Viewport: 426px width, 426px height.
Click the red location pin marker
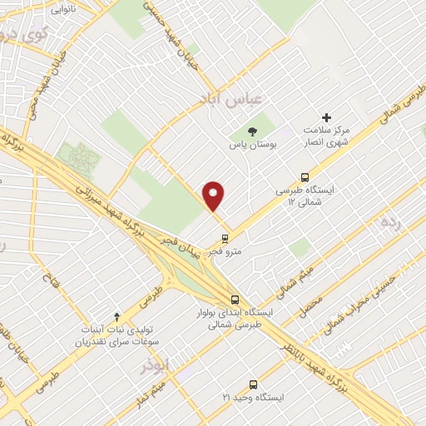click(214, 196)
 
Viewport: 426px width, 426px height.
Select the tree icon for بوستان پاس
click(253, 131)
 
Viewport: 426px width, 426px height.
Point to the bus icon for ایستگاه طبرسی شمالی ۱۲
click(305, 176)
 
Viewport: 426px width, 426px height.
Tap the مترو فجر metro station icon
click(224, 237)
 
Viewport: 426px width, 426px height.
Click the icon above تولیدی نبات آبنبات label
click(116, 316)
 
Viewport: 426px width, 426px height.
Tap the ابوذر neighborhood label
click(155, 365)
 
